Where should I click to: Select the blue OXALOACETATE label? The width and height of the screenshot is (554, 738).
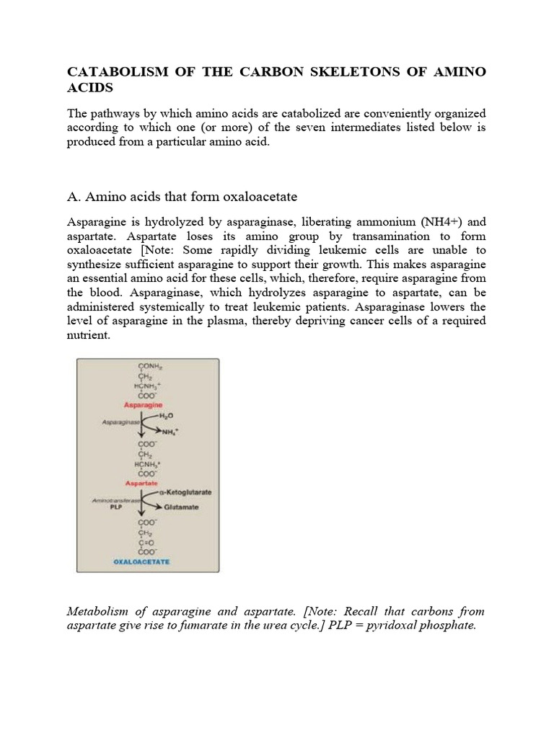pos(141,560)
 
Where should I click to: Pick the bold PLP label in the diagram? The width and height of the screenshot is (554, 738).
pos(113,507)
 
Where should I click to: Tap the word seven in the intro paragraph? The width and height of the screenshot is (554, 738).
pos(345,128)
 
